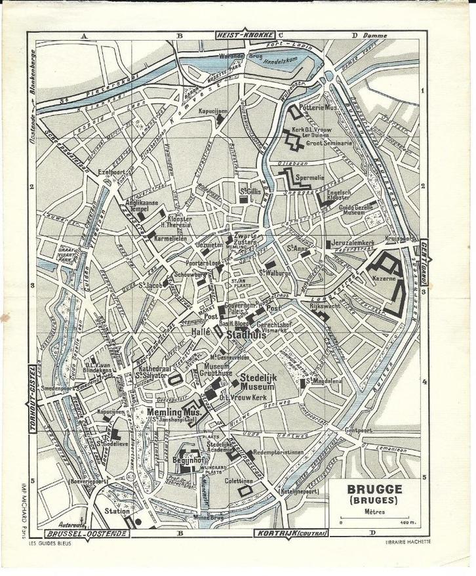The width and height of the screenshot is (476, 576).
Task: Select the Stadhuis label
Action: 245,334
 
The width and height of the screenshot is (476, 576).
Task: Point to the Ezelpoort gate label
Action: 111,171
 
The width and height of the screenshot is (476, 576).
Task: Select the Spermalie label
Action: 310,178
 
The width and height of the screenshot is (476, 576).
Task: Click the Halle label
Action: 199,334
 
